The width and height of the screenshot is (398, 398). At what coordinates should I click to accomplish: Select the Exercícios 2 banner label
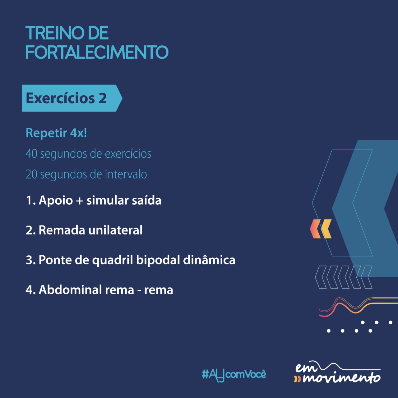[66, 98]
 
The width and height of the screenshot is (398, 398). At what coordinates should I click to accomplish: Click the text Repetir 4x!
[56, 133]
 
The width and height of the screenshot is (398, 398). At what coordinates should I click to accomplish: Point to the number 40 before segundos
[31, 154]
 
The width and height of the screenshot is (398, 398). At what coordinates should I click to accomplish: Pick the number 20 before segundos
[31, 174]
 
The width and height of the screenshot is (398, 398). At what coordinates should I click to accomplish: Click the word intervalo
[126, 174]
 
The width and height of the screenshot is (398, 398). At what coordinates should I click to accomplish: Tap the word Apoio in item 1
[56, 201]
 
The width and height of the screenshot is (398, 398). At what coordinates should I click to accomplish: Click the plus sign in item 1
[80, 201]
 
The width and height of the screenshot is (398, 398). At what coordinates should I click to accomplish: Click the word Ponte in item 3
[55, 260]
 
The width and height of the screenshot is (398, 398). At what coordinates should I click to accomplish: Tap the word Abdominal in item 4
[70, 289]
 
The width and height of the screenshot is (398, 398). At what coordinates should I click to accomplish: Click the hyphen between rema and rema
[139, 291]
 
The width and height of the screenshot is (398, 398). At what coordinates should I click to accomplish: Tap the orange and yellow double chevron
[321, 229]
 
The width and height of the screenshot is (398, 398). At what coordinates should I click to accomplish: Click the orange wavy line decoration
[358, 307]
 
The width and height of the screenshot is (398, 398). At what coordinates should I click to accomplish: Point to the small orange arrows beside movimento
[298, 379]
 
